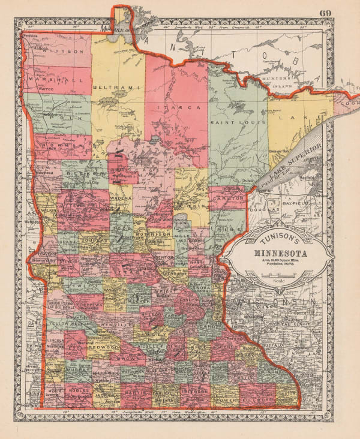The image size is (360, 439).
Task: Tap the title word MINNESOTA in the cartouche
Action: pos(278,252)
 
